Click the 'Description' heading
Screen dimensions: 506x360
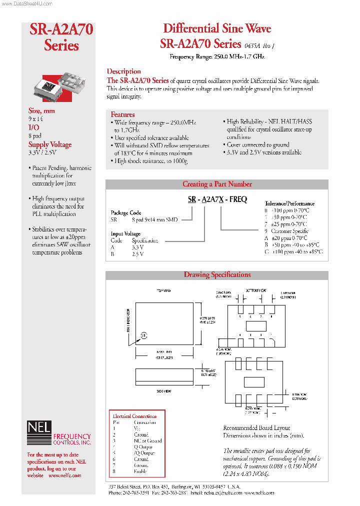pyautogui.click(x=124, y=71)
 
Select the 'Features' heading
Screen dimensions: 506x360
pyautogui.click(x=122, y=114)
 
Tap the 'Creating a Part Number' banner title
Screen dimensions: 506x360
pyautogui.click(x=217, y=184)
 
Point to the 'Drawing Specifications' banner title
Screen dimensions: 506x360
pyautogui.click(x=217, y=274)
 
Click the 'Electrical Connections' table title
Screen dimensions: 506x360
pyautogui.click(x=134, y=416)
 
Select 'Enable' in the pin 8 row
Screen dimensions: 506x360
pyautogui.click(x=140, y=471)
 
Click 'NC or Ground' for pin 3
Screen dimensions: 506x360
pyautogui.click(x=147, y=440)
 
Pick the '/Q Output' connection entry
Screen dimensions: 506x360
pyautogui.click(x=144, y=453)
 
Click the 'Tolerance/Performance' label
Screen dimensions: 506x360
pyautogui.click(x=289, y=203)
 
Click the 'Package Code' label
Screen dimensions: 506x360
pyautogui.click(x=125, y=212)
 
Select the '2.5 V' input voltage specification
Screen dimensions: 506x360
pyautogui.click(x=137, y=254)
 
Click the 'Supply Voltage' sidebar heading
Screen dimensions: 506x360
pyautogui.click(x=50, y=144)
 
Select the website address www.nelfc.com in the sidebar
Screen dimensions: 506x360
pyautogui.click(x=65, y=475)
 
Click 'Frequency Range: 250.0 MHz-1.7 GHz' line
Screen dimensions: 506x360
pyautogui.click(x=217, y=56)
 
